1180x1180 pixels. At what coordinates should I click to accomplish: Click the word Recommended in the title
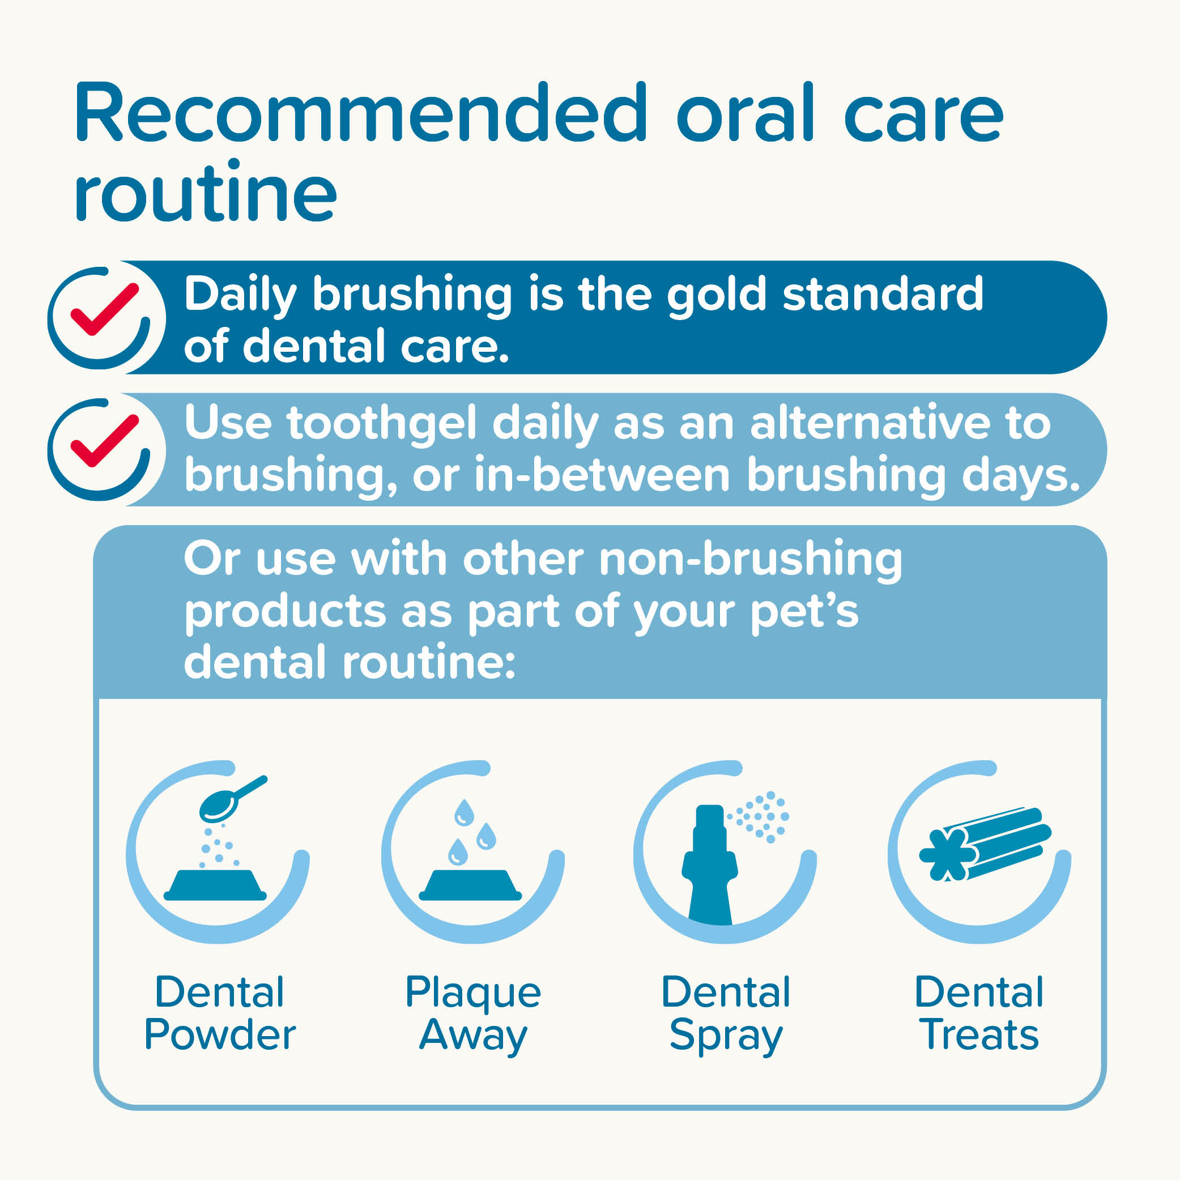click(x=361, y=113)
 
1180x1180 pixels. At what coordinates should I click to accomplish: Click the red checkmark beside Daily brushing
click(x=105, y=310)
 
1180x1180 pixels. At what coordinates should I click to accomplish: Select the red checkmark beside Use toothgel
click(x=105, y=441)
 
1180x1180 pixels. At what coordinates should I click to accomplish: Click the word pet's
click(x=804, y=612)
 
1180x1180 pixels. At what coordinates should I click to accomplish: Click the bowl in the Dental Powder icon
click(x=216, y=885)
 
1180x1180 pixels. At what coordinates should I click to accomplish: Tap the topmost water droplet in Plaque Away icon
click(x=464, y=812)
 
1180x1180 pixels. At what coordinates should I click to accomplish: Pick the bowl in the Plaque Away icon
click(x=470, y=885)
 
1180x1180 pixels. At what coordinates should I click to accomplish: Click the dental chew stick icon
click(x=985, y=844)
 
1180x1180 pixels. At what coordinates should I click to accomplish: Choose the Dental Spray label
click(x=726, y=1015)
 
